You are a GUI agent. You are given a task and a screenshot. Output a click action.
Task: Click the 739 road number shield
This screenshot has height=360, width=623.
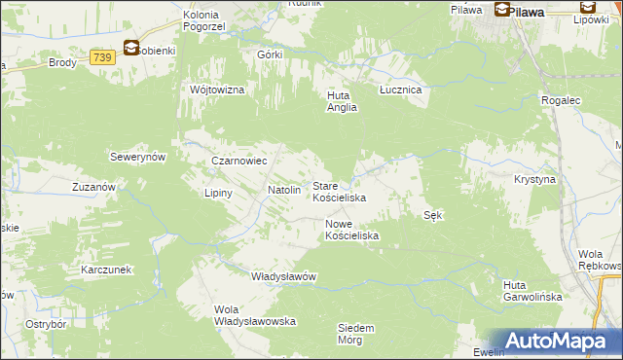tap(101, 58)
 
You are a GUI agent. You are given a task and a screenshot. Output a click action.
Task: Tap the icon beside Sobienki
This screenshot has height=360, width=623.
tap(130, 48)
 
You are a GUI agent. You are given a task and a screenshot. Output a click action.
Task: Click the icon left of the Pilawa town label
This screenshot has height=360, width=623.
tap(502, 11)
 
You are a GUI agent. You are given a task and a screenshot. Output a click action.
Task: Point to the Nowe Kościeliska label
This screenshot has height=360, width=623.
tap(351, 230)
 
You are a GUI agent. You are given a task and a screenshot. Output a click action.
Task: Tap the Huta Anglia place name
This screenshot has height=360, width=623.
tap(343, 101)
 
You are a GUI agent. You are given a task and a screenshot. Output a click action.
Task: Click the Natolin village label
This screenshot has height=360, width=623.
tap(284, 190)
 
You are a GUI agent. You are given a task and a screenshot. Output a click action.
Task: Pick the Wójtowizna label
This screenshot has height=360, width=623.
tap(217, 90)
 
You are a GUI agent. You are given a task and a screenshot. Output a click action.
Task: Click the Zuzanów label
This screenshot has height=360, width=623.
tap(94, 186)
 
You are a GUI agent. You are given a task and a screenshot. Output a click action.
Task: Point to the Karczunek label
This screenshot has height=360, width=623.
tap(106, 269)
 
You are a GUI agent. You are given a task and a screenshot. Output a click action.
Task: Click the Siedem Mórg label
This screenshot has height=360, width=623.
tap(356, 334)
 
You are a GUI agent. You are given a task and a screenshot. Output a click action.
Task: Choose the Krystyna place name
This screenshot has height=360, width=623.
tap(534, 180)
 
